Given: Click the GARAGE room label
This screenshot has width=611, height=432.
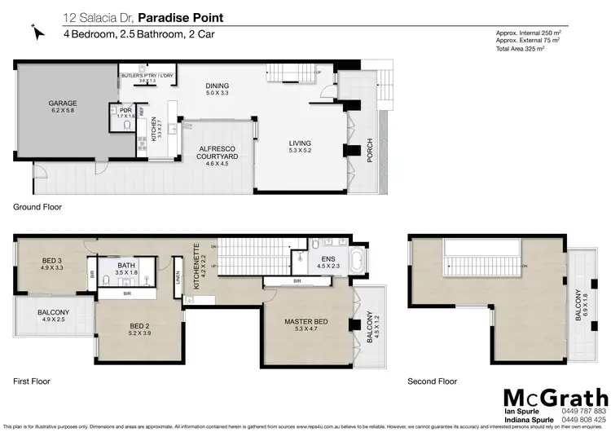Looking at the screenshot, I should tap(62, 104).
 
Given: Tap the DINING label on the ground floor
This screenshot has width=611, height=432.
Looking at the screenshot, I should tap(218, 86).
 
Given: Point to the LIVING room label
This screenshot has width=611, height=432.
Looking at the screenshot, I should tap(300, 143).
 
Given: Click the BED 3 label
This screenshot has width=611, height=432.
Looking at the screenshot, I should tap(52, 261).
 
